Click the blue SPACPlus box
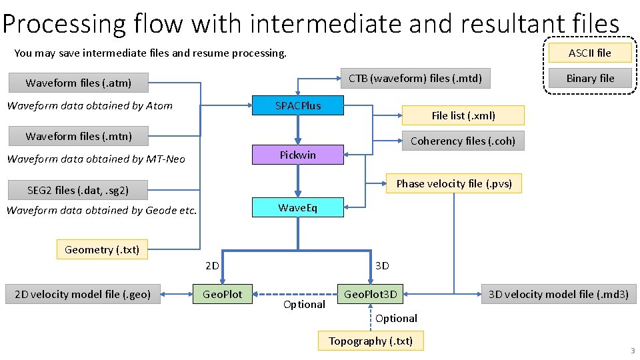[x=298, y=105]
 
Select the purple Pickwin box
[x=298, y=155]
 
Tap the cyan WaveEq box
[x=298, y=207]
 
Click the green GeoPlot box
[x=223, y=294]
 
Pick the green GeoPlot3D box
[x=371, y=294]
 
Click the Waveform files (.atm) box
[x=79, y=83]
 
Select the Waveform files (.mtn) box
[x=79, y=136]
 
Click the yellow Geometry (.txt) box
[x=102, y=249]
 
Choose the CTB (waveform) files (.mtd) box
[x=415, y=78]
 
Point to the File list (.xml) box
[x=463, y=115]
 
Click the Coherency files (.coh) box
[x=463, y=141]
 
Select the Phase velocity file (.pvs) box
[x=454, y=183]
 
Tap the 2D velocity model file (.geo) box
[x=83, y=294]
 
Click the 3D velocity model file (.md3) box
[x=558, y=294]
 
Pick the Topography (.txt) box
[x=371, y=341]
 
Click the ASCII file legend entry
[x=589, y=53]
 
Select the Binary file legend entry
[x=589, y=78]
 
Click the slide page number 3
[x=632, y=351]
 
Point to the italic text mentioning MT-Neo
[x=96, y=159]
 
